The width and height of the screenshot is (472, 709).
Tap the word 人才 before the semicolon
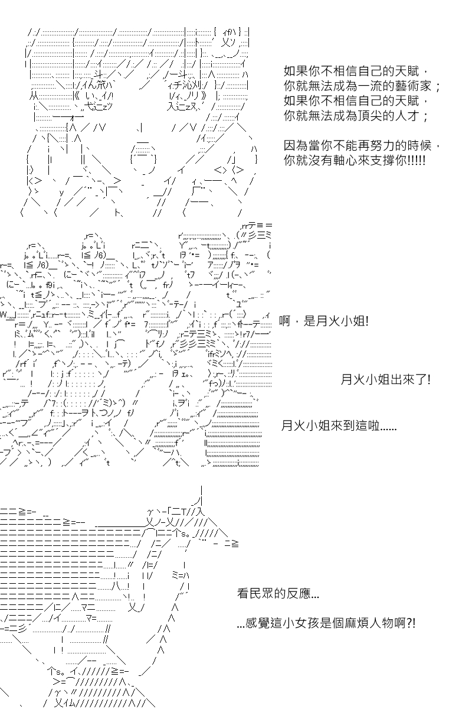click(407, 116)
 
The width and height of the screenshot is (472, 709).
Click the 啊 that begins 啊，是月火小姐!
click(284, 321)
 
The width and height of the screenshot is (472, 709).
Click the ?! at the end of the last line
click(411, 623)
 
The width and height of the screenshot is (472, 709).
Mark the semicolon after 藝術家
click(438, 87)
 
